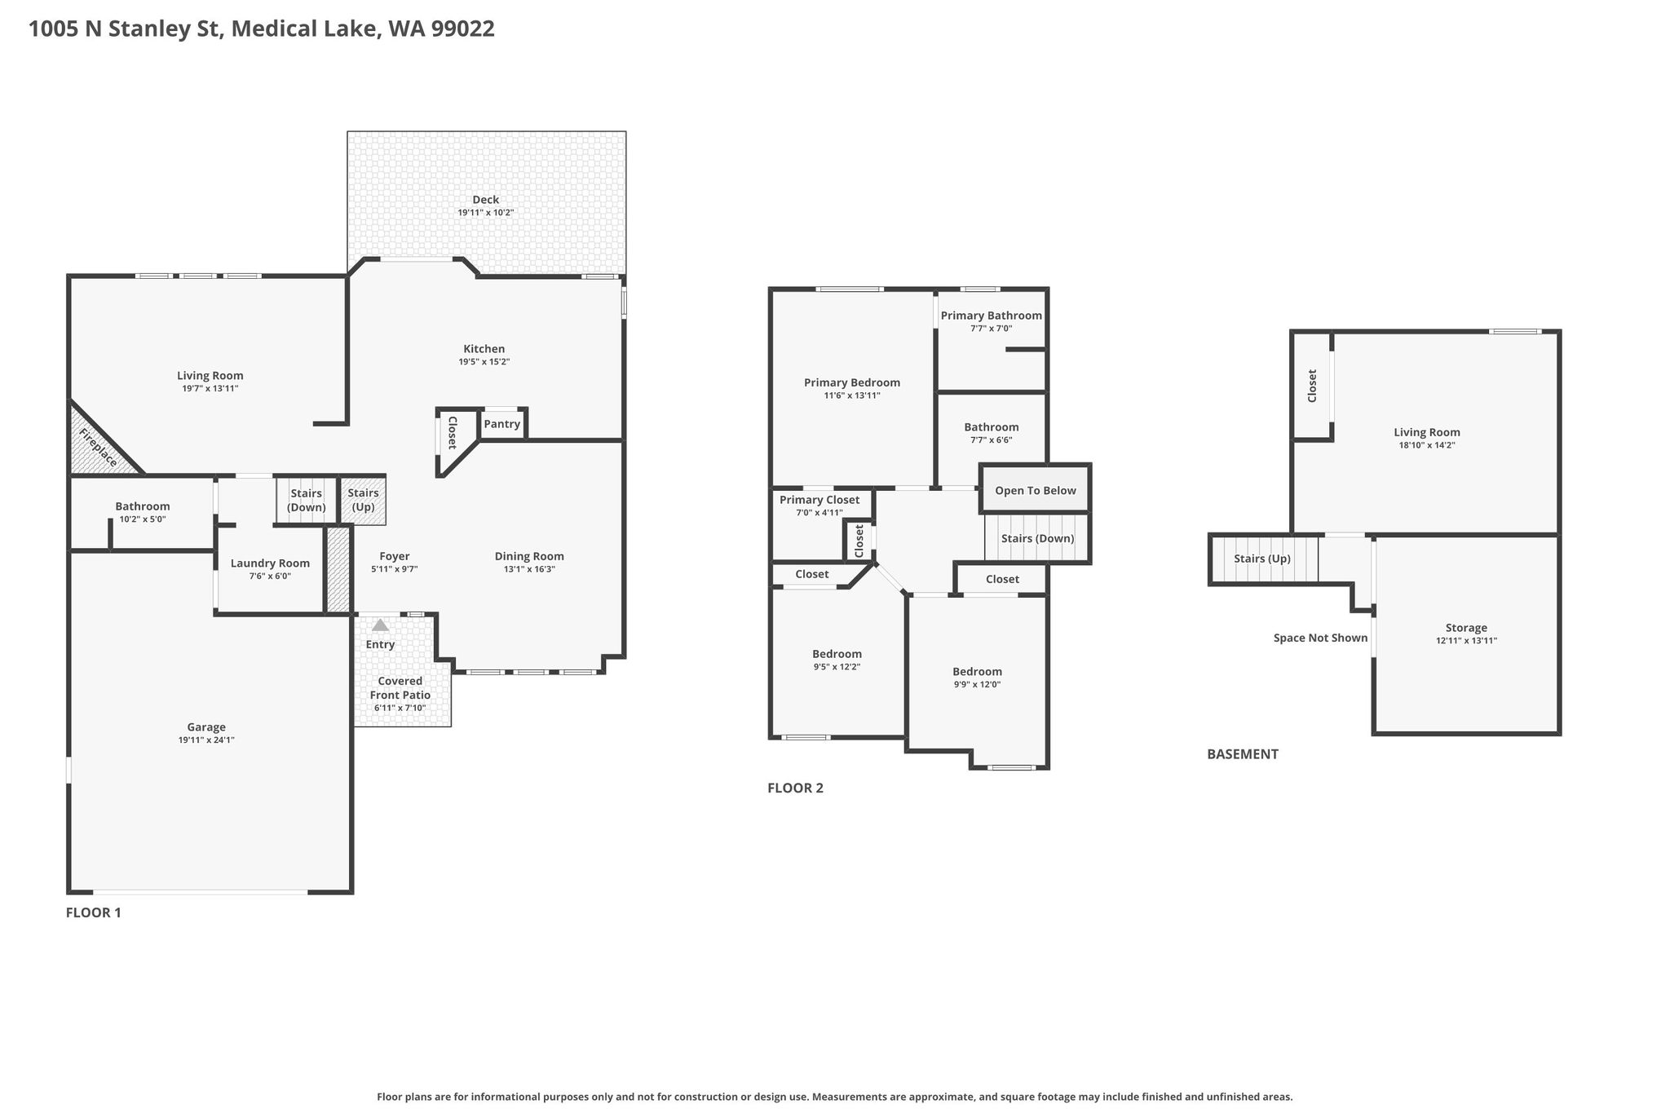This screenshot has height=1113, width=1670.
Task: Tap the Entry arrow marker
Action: [380, 625]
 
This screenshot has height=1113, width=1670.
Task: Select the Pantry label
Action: [502, 424]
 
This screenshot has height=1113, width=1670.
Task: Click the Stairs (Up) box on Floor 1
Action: [363, 500]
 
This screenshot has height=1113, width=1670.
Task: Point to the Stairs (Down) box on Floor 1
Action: [306, 500]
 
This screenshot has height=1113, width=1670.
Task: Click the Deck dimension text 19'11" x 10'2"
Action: [486, 213]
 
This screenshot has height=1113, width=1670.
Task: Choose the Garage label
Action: [206, 727]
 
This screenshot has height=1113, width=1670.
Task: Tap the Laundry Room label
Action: [270, 563]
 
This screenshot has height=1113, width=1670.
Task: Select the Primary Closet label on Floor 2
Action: [820, 500]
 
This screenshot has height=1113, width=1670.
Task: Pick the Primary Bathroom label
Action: [992, 316]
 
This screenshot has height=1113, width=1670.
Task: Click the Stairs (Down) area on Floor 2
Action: [1037, 538]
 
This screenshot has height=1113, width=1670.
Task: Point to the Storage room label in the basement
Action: [1466, 628]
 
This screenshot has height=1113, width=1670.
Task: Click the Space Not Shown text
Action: [1321, 638]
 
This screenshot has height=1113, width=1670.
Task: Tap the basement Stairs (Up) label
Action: [1262, 559]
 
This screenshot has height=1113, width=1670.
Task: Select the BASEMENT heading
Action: [1243, 754]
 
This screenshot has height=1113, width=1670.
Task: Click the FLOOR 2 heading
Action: [796, 788]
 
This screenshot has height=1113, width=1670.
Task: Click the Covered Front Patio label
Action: [400, 688]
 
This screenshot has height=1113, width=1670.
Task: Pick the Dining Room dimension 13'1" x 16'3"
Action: [529, 569]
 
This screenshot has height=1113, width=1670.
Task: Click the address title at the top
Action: [262, 29]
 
